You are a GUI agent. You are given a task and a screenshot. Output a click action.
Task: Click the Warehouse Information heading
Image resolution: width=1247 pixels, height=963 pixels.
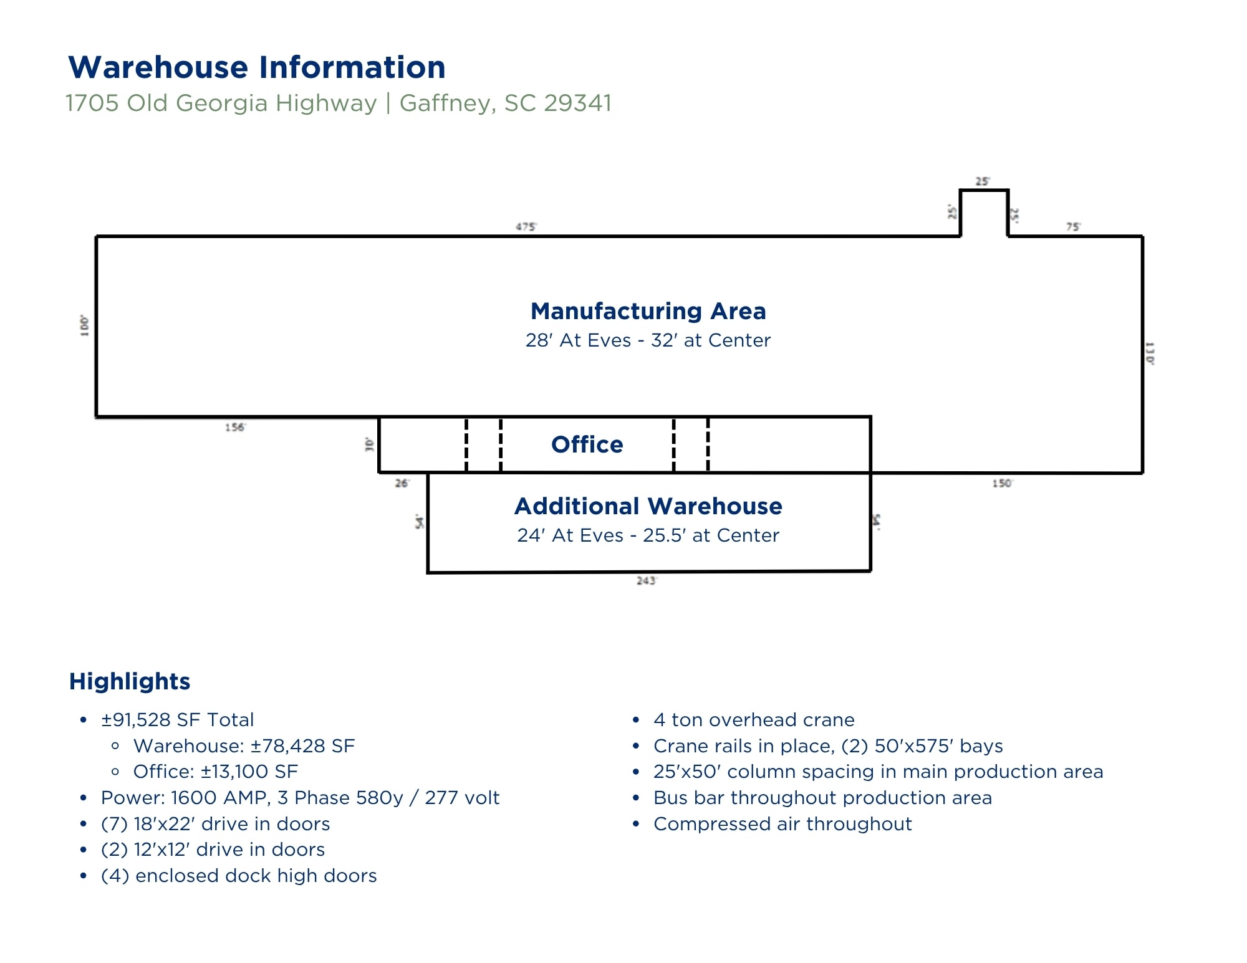pos(257,67)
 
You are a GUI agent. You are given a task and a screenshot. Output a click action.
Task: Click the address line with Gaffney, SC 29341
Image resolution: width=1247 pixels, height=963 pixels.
pos(339,103)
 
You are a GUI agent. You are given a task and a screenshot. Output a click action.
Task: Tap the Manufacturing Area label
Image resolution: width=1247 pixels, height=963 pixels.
pos(648,310)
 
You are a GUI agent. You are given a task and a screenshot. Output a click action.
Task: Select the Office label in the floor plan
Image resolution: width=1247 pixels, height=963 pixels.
pos(587,444)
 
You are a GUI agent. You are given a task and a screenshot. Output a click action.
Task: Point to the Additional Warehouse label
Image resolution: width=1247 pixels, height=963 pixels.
pos(648,506)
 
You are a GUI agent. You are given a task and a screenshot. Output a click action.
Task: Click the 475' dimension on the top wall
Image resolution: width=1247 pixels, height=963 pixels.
pos(526,227)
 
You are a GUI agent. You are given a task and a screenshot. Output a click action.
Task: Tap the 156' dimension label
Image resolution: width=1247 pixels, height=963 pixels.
pos(235,427)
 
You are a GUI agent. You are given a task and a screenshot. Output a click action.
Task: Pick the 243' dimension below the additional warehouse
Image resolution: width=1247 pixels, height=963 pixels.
pos(646,581)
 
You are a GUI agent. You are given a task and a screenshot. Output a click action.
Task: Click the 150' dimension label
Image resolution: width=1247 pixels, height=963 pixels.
pos(1002,483)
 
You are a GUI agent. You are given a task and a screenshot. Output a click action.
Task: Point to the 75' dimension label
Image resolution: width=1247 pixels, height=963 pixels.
pos(1072,227)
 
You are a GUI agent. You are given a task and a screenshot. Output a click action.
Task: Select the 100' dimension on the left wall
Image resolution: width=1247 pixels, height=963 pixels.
pos(85,325)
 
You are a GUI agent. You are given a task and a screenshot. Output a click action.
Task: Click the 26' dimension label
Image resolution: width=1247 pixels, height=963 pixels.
pos(402,483)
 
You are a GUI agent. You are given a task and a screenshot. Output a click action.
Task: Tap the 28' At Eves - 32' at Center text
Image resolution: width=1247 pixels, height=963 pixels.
pos(648,340)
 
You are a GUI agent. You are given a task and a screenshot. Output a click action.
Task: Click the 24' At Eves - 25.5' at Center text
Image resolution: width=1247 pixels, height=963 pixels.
pos(648,535)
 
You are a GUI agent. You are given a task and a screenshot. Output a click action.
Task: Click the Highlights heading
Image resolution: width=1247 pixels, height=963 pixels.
pos(130,681)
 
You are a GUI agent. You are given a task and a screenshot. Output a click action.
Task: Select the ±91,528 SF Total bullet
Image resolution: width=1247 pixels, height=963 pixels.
pos(177,720)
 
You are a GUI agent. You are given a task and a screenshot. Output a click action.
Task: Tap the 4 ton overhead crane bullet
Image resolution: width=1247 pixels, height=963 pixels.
pos(753,720)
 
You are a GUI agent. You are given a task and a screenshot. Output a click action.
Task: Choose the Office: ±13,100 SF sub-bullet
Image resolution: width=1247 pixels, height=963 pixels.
pos(215,772)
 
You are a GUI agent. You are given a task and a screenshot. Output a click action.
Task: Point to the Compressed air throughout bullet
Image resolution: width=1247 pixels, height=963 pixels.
pos(782,824)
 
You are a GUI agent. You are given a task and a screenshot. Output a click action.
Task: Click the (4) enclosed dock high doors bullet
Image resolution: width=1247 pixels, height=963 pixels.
pos(239,876)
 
